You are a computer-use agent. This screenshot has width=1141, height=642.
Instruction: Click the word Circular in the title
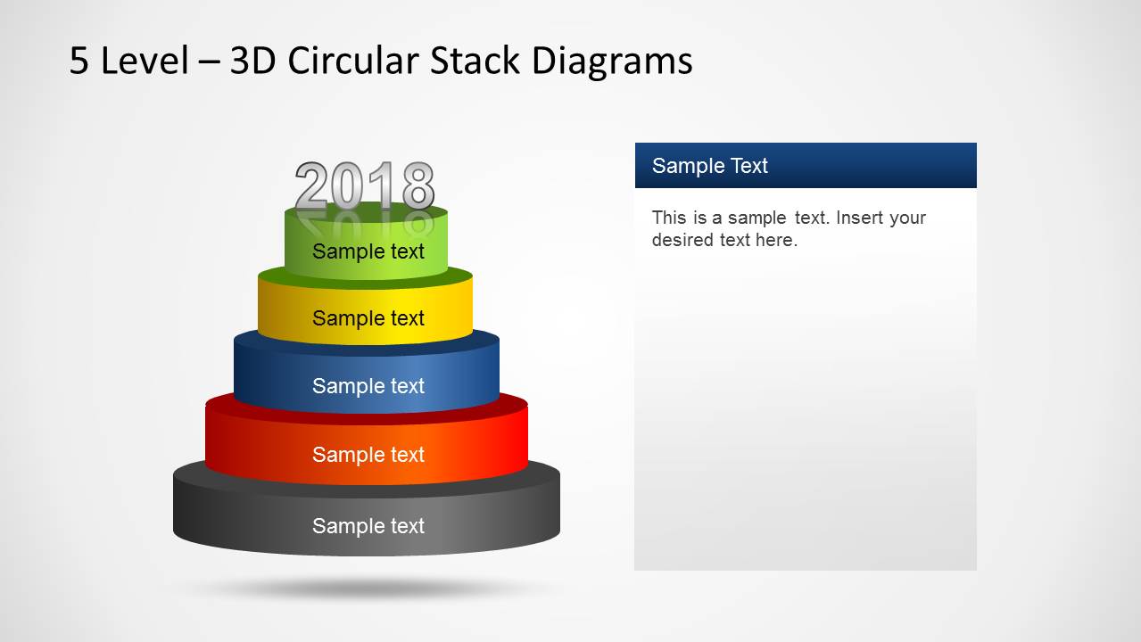click(355, 61)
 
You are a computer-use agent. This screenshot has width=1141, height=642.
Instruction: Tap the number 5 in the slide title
click(79, 61)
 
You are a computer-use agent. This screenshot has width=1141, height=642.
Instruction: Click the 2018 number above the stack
click(364, 186)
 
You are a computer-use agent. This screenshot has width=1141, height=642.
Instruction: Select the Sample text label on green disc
click(368, 251)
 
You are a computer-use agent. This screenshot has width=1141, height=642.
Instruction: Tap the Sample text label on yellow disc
click(368, 318)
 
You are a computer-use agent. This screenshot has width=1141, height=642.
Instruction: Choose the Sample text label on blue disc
click(368, 386)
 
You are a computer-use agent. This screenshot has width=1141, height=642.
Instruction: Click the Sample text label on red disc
click(368, 455)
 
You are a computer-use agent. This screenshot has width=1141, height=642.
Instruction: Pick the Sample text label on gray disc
click(368, 526)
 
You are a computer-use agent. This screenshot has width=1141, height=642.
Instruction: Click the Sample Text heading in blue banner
click(709, 166)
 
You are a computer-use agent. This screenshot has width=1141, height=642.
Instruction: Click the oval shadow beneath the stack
click(366, 588)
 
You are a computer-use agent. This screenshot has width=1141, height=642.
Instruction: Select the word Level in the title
click(145, 61)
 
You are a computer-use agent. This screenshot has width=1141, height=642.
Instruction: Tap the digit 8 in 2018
click(417, 186)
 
